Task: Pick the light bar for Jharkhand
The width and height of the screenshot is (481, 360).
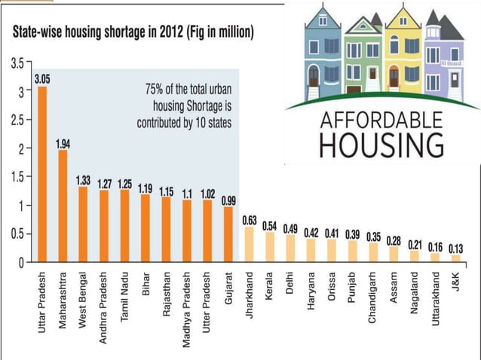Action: [x=249, y=244]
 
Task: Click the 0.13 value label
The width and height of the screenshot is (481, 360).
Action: [x=455, y=248]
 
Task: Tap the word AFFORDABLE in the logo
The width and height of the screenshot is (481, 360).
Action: [x=381, y=120]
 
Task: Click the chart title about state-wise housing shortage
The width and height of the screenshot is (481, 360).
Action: [x=131, y=32]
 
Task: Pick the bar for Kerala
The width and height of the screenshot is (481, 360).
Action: [x=269, y=247]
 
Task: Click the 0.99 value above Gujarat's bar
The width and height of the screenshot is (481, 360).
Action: [x=228, y=201]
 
